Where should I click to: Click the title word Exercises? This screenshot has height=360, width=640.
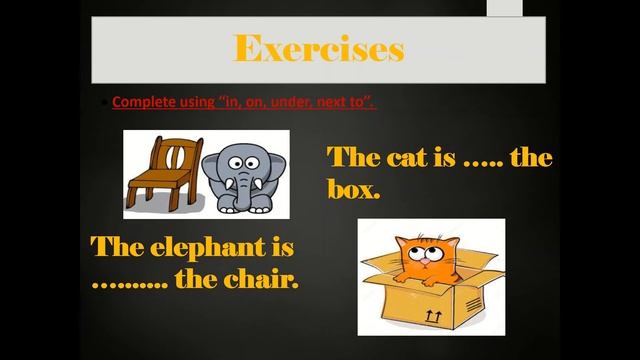(319, 47)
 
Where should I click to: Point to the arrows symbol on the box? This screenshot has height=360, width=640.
(434, 315)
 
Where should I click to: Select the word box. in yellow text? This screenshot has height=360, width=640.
(354, 188)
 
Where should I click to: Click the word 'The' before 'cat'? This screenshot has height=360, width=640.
(349, 158)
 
